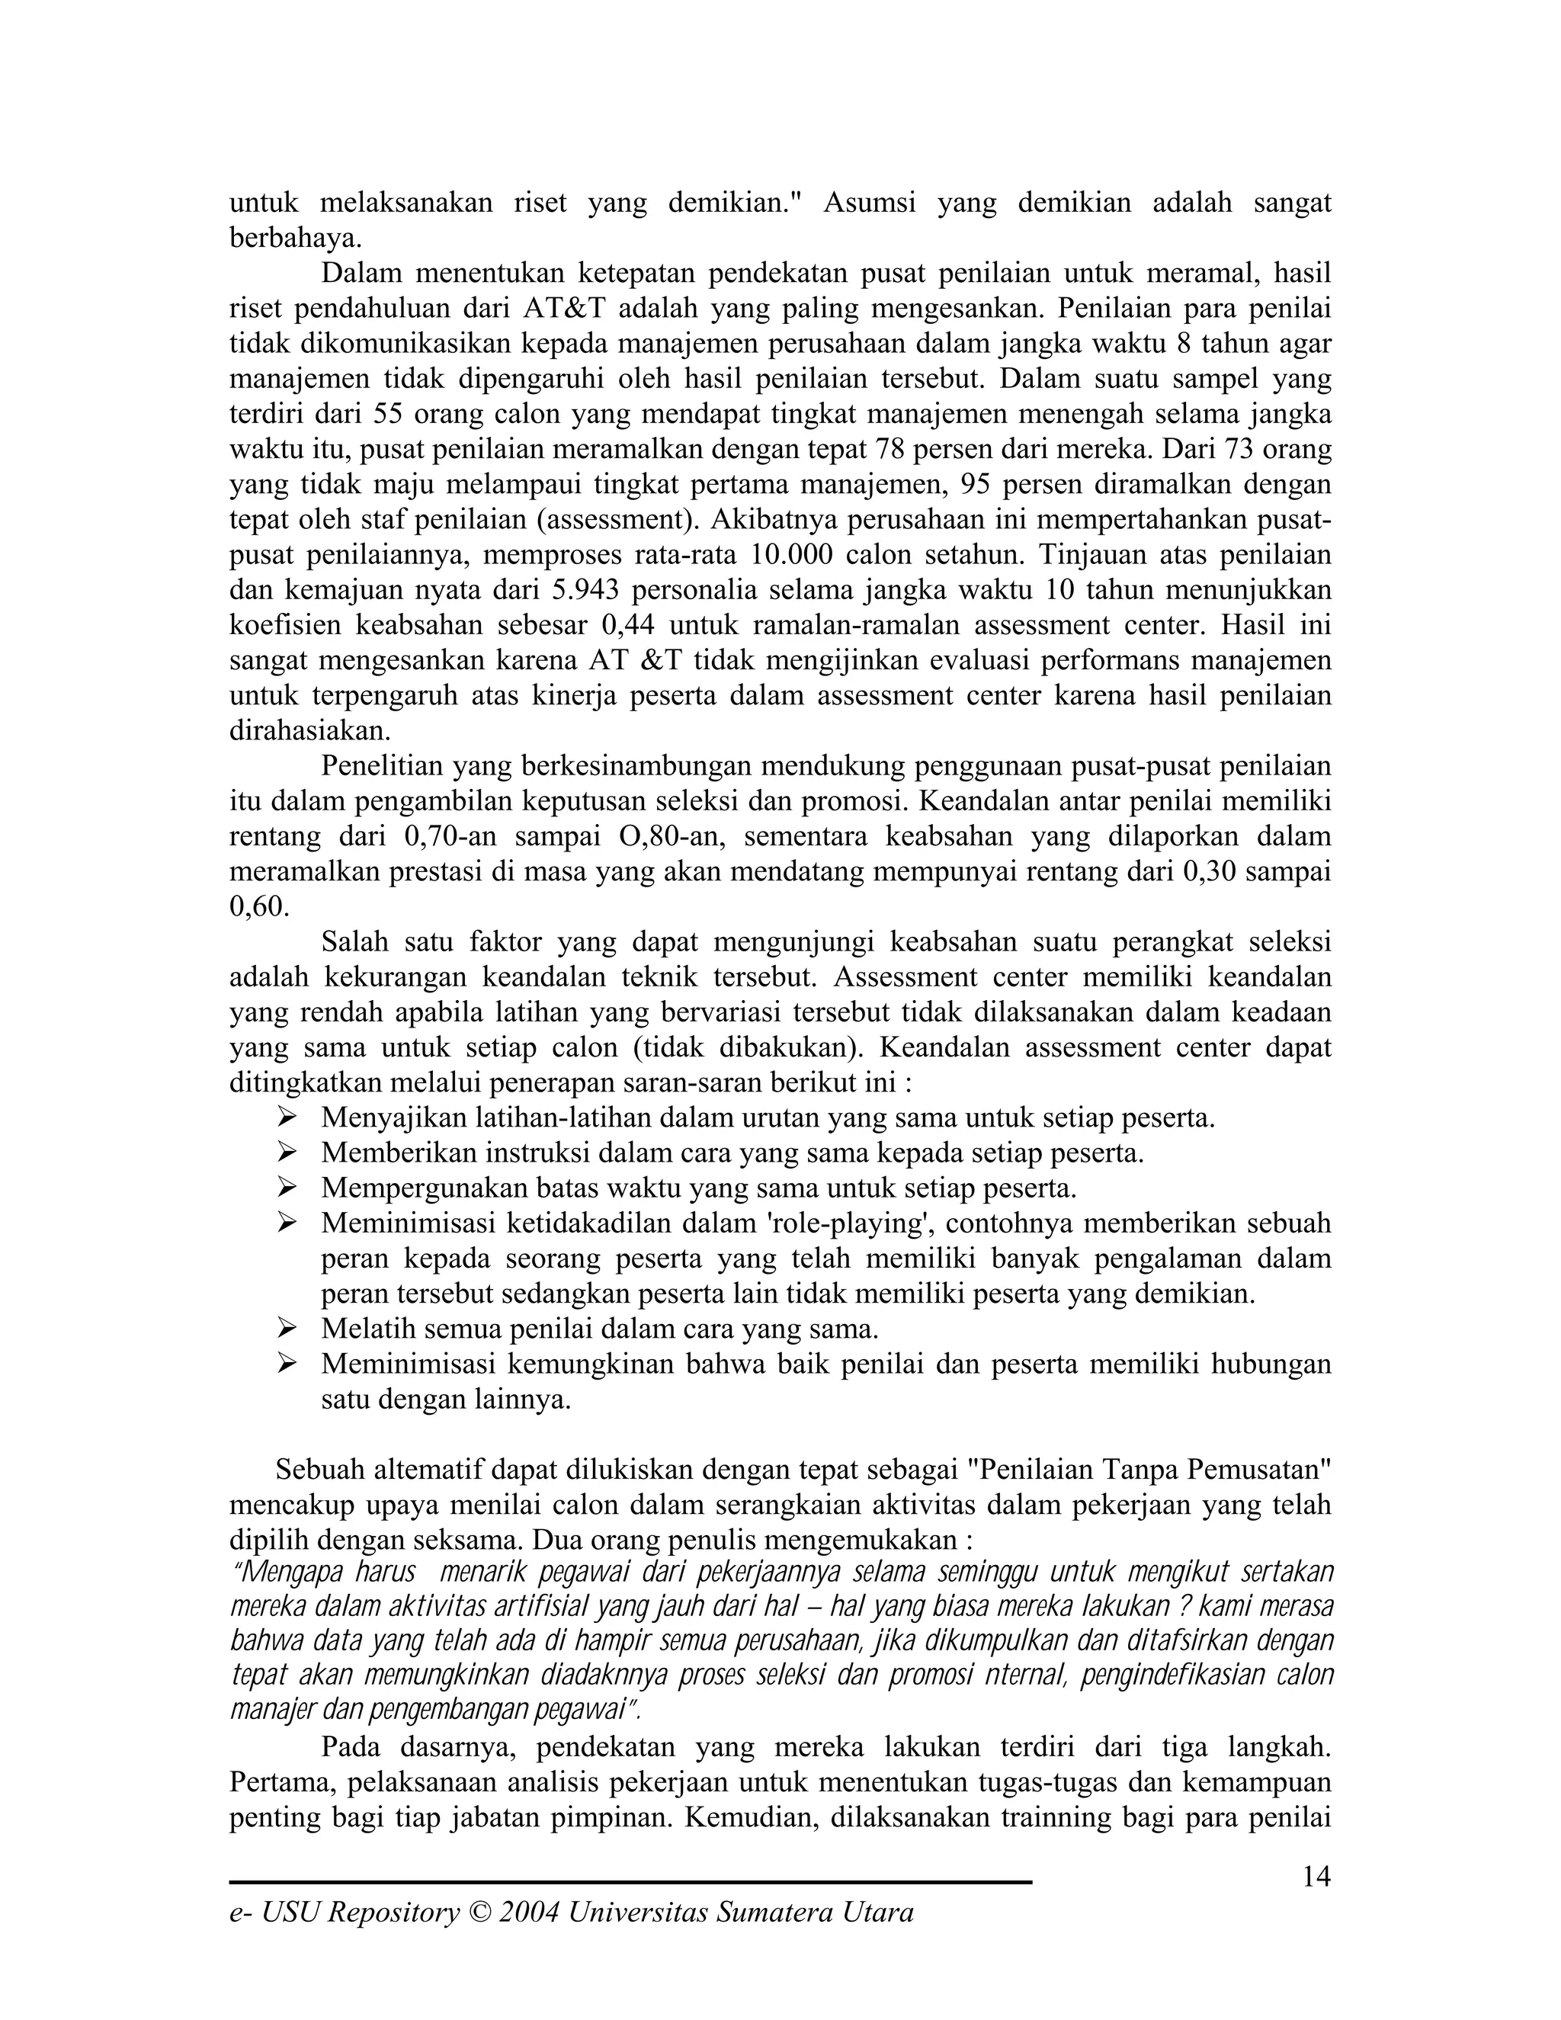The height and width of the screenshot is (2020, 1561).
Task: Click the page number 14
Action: click(x=1316, y=1877)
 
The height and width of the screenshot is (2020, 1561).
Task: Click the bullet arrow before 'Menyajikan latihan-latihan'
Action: click(x=287, y=1118)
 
